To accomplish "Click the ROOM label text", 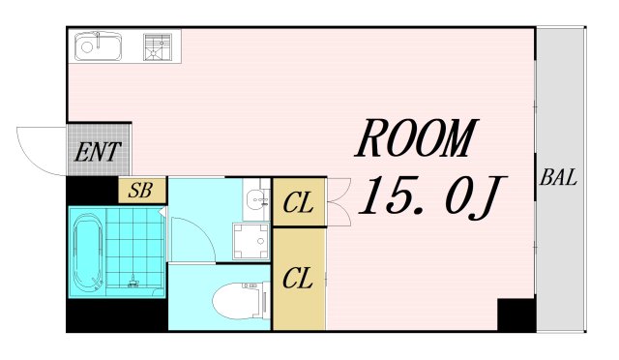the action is pos(416,137).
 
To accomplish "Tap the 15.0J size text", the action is pos(431,196).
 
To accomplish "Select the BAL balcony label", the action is pos(558,177).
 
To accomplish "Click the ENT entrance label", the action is pos(98,152).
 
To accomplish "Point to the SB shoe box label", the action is pos(141,190).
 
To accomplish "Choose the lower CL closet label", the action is pos(298,278).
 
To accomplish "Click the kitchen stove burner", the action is pos(158,47).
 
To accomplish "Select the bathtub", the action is pos(89,252).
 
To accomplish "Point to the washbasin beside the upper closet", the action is pos(256,199).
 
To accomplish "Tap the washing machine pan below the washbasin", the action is pos(251,241).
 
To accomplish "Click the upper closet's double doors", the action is pos(339,202).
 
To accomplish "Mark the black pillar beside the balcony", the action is pos(516,315).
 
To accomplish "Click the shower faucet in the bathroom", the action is pos(133,282).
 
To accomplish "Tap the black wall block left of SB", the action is pos(93,191).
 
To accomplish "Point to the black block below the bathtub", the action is pos(117,315).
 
